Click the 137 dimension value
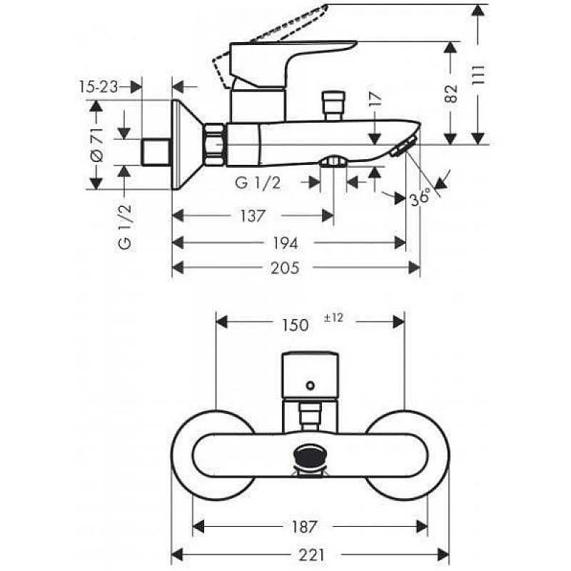[253, 216]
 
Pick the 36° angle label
[421, 197]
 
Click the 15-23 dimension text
[97, 86]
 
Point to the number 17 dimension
[376, 104]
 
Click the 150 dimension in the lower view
[294, 325]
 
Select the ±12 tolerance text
[334, 318]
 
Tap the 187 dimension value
[304, 527]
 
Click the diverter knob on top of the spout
[332, 106]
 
